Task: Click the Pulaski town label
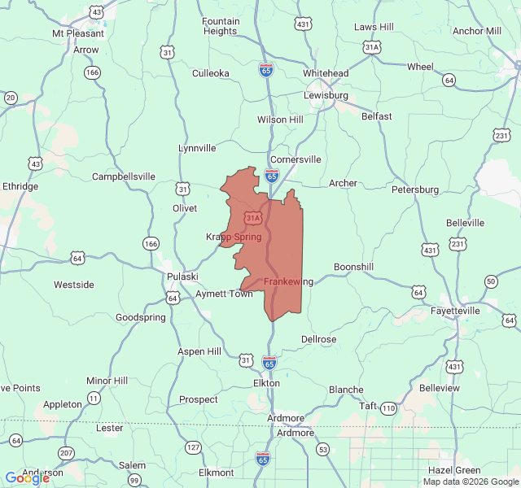point(182,277)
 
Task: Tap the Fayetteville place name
point(455,311)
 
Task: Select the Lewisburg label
point(326,95)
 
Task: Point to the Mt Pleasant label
point(78,34)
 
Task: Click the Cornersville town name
point(296,159)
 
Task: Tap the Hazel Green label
point(454,470)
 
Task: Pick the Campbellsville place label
point(124,176)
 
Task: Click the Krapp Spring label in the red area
point(234,237)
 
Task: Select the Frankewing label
point(288,281)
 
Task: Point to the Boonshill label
point(354,267)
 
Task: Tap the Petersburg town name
point(415,190)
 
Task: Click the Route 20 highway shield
point(11,98)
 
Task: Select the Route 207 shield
point(67,453)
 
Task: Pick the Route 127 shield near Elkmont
point(193,447)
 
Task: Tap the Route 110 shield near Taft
point(388,407)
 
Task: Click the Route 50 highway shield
point(490,281)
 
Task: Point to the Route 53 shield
point(323,449)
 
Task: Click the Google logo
point(26,478)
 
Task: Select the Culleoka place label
point(211,73)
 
